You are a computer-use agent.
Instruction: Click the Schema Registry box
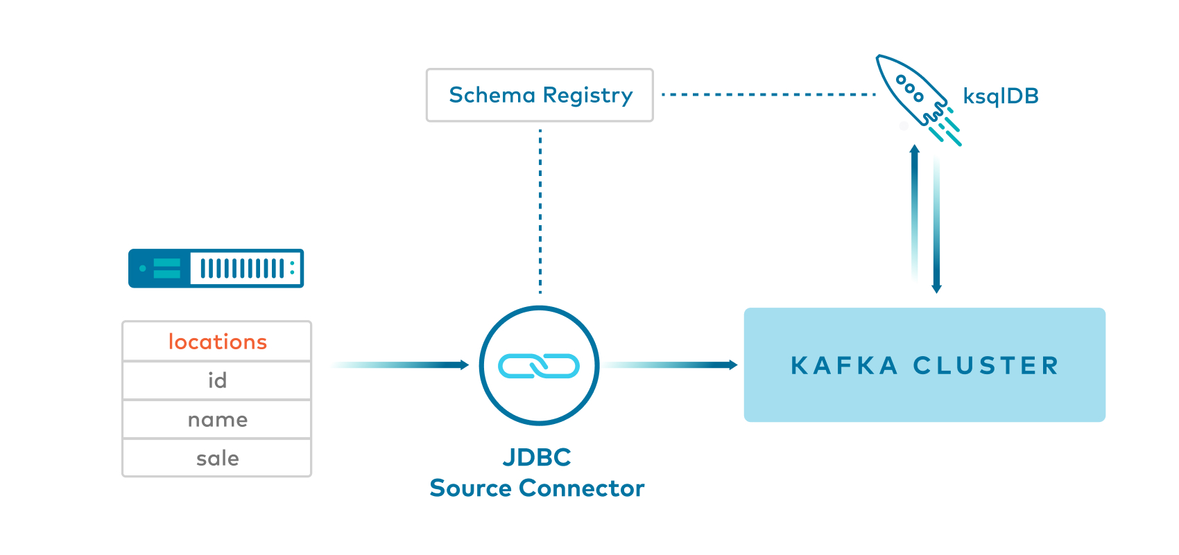pyautogui.click(x=540, y=95)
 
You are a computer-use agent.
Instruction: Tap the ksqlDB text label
pyautogui.click(x=1001, y=96)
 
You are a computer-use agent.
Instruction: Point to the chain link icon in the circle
pyautogui.click(x=539, y=366)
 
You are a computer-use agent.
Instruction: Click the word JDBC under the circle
pyautogui.click(x=537, y=457)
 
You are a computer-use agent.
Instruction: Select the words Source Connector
pyautogui.click(x=537, y=488)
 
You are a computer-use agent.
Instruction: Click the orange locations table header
pyautogui.click(x=217, y=342)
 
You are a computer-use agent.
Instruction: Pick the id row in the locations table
pyautogui.click(x=217, y=380)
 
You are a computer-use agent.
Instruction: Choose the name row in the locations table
pyautogui.click(x=217, y=419)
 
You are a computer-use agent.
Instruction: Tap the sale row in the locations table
pyautogui.click(x=217, y=458)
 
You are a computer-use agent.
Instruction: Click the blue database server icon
pyautogui.click(x=216, y=268)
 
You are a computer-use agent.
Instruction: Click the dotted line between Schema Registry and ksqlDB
pyautogui.click(x=768, y=95)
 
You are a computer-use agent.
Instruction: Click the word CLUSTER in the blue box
pyautogui.click(x=986, y=366)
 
